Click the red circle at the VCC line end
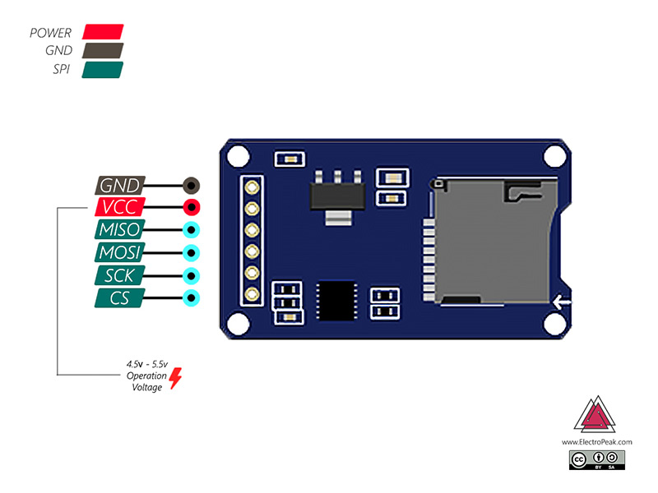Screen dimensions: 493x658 pos(191,206)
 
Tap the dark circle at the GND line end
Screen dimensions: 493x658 pos(191,185)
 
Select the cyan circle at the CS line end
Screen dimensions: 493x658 pos(191,298)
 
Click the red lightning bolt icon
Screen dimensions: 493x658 pos(175,378)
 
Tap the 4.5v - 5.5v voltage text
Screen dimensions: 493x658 pos(146,363)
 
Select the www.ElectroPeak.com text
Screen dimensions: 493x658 pos(597,441)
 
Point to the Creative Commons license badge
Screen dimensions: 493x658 pos(597,459)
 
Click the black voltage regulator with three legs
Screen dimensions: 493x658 pos(336,196)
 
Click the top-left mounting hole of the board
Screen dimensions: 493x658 pos(238,154)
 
